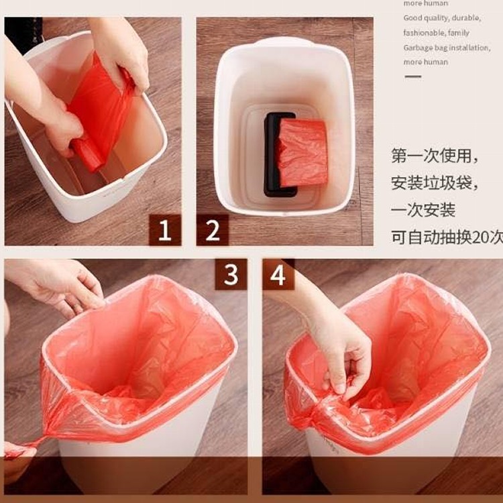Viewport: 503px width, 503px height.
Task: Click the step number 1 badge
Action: pos(164,230)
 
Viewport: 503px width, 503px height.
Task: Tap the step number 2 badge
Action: pos(213,230)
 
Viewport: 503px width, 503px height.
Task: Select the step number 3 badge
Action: pos(231,274)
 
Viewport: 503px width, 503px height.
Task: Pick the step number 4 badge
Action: pos(278,274)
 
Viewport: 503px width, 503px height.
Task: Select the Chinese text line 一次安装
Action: pos(423,210)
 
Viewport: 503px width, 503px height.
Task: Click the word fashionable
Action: pos(424,33)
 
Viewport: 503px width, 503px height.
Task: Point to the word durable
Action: pos(465,18)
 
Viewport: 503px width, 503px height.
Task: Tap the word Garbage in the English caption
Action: pos(419,48)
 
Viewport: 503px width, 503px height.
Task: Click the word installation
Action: pos(469,48)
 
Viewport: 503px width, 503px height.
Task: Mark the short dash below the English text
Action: pos(413,76)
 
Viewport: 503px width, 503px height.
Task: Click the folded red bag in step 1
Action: pos(101,114)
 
